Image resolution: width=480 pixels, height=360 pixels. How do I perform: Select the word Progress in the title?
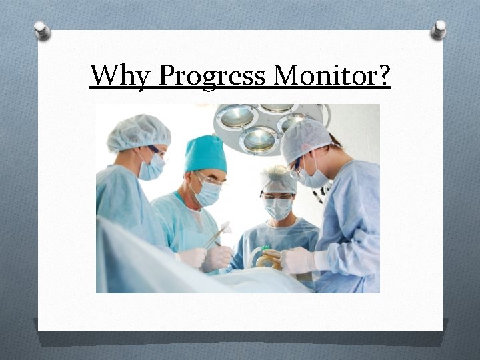pyautogui.click(x=212, y=75)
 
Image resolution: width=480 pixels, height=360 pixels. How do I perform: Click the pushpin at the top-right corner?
pyautogui.click(x=439, y=29)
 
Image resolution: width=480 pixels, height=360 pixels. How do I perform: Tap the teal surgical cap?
pyautogui.click(x=205, y=154)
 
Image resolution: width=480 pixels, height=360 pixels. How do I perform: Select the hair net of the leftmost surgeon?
pyautogui.click(x=138, y=131)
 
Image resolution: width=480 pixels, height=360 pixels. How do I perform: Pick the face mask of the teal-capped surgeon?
pyautogui.click(x=209, y=193)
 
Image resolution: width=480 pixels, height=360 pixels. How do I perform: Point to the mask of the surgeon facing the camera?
pyautogui.click(x=278, y=208)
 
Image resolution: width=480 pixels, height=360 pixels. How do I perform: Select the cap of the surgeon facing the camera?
pyautogui.click(x=279, y=180)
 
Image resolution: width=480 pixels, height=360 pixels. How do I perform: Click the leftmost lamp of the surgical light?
pyautogui.click(x=237, y=117)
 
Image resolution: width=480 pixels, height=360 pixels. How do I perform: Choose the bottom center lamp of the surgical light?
pyautogui.click(x=260, y=140)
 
